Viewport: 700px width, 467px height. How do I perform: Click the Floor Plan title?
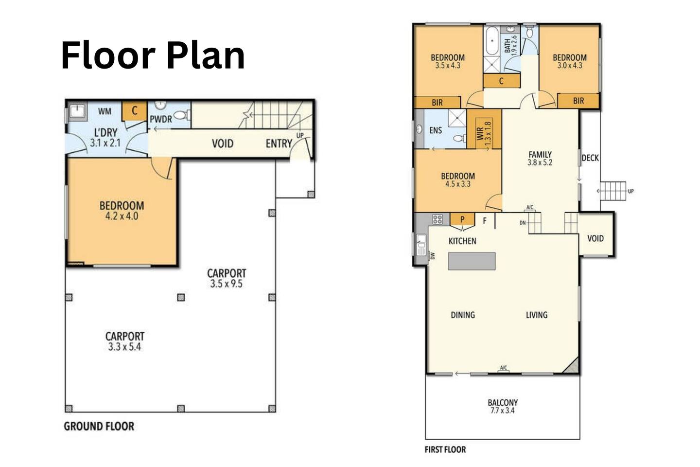point(153,55)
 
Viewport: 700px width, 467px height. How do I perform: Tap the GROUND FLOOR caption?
point(99,426)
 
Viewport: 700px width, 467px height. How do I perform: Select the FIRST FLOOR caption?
point(445,450)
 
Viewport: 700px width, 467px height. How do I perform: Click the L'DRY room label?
point(105,132)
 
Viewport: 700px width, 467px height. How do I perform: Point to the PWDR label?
point(160,119)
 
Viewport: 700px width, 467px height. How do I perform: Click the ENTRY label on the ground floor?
point(279,144)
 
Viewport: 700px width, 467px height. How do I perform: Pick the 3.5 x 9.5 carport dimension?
point(226,284)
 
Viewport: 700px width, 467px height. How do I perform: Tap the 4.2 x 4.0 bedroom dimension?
point(122,216)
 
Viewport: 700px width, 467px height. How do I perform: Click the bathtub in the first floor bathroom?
point(492,41)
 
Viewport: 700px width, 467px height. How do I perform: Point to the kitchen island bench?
point(472,261)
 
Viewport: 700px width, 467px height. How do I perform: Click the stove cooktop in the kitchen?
point(437,219)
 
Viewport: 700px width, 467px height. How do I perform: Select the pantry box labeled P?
point(462,219)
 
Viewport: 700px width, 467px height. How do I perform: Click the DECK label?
point(590,158)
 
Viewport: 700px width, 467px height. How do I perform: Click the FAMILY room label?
point(540,155)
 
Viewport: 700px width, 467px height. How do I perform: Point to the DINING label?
point(463,315)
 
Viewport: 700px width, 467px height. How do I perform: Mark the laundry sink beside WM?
point(77,111)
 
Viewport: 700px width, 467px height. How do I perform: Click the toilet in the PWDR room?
point(182,115)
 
